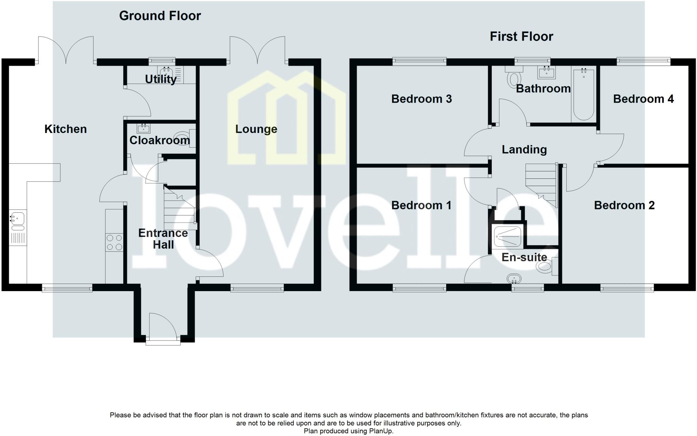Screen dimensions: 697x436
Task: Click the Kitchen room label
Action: coord(66,129)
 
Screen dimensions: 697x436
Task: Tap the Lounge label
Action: coord(256,129)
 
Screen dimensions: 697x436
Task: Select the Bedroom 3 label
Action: coord(421,99)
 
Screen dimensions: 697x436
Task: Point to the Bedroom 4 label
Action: coord(643,99)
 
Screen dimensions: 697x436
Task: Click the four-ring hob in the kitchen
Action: coord(114,242)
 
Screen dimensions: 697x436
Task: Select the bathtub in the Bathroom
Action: coord(584,94)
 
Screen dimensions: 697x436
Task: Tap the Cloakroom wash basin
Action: coord(143,128)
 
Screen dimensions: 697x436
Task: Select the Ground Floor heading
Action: coord(160,16)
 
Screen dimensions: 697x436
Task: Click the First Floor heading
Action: coord(521,36)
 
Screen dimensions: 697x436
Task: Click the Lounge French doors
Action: coord(258,50)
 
